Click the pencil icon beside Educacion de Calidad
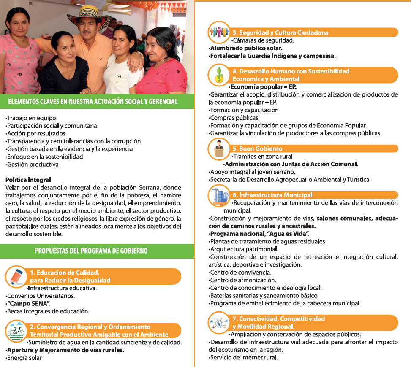click(16, 276)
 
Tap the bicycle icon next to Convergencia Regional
click(16, 331)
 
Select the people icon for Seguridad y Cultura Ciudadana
click(219, 32)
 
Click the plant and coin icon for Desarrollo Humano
click(219, 75)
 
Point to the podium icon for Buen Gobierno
click(219, 149)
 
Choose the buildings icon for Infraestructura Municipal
click(219, 196)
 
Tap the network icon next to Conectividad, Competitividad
click(219, 322)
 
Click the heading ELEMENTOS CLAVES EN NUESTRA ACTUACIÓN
click(93, 102)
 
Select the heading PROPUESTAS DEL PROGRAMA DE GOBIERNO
click(91, 251)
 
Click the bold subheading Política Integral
click(28, 180)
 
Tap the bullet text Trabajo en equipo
click(31, 118)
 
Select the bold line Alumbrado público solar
click(246, 48)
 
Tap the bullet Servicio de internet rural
click(244, 358)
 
